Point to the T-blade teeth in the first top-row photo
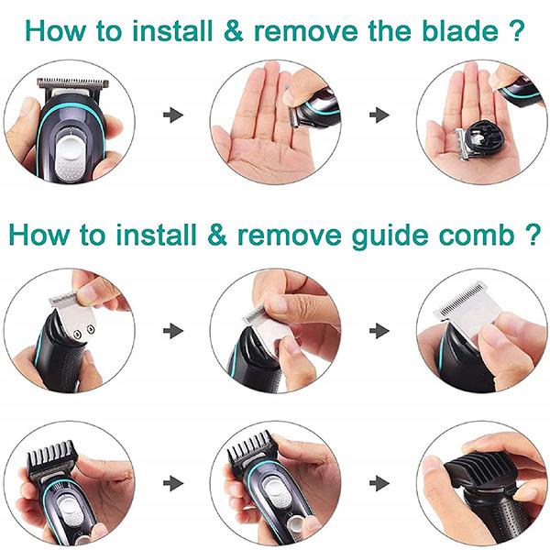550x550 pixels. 72,84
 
